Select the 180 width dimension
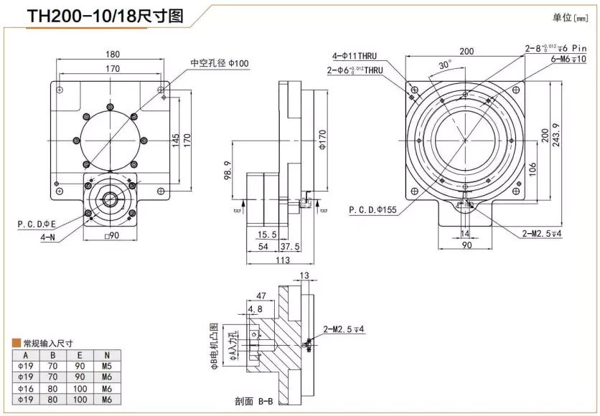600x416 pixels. tap(113, 54)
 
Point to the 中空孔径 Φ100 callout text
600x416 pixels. tap(219, 63)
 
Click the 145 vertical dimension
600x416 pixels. tap(177, 140)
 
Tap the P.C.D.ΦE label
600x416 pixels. tap(37, 224)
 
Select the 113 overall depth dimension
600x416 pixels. tap(283, 260)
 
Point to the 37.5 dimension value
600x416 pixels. tap(291, 246)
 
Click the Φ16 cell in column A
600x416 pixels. tap(25, 387)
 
